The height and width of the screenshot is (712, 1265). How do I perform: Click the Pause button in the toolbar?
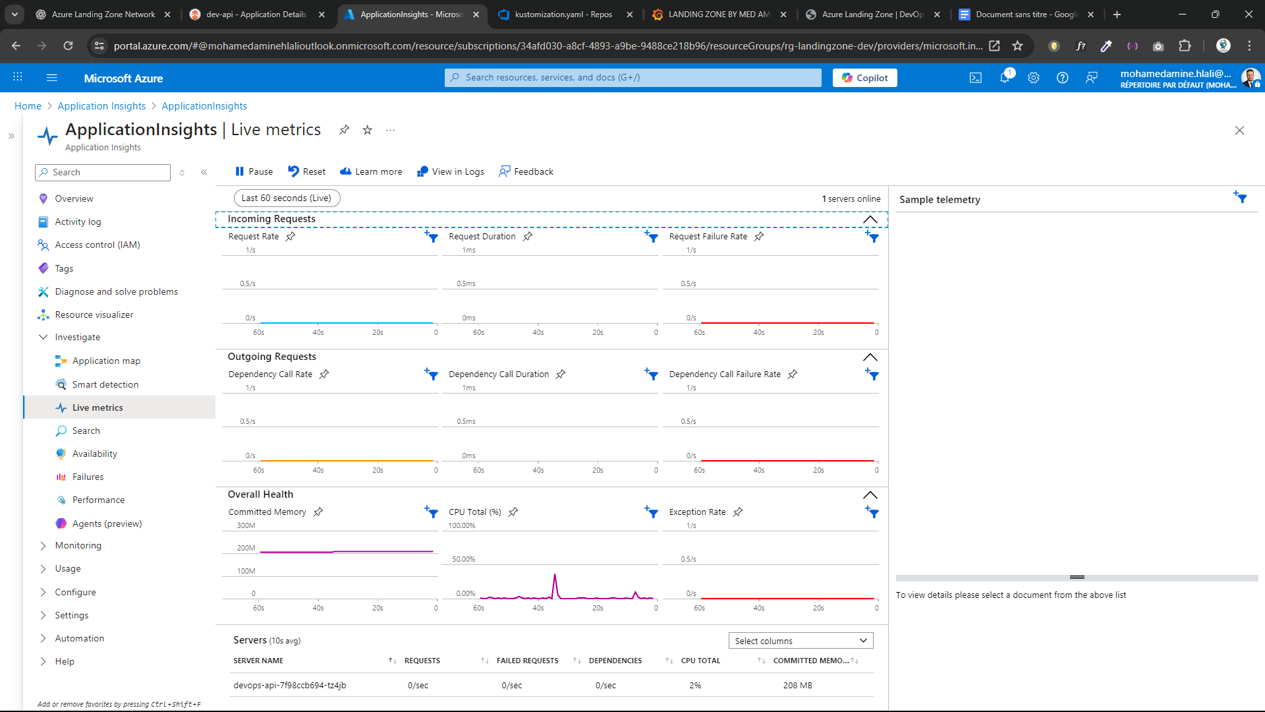pyautogui.click(x=254, y=171)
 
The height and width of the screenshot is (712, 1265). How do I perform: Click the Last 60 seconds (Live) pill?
pyautogui.click(x=287, y=198)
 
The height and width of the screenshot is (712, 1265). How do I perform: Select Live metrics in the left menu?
pyautogui.click(x=98, y=407)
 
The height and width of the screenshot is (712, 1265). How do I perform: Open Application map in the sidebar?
pyautogui.click(x=106, y=361)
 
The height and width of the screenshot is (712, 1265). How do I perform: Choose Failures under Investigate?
pyautogui.click(x=88, y=477)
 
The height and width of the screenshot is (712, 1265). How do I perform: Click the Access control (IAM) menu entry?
pyautogui.click(x=98, y=245)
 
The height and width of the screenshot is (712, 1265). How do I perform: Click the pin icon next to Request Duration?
pyautogui.click(x=528, y=236)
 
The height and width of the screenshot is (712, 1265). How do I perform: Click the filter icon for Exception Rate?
pyautogui.click(x=872, y=512)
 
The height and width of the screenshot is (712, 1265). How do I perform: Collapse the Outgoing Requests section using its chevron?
pyautogui.click(x=870, y=357)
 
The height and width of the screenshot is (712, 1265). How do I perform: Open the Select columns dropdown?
pyautogui.click(x=801, y=641)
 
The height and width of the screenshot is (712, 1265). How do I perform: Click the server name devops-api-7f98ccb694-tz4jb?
pyautogui.click(x=289, y=685)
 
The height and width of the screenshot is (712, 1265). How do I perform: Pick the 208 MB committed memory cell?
pyautogui.click(x=797, y=685)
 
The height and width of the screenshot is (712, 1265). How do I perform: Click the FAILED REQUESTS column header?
pyautogui.click(x=527, y=661)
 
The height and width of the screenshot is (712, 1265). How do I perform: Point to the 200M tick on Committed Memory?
pyautogui.click(x=246, y=548)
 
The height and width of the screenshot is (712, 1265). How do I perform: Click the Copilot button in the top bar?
pyautogui.click(x=864, y=78)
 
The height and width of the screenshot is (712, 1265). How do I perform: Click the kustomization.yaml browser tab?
pyautogui.click(x=563, y=14)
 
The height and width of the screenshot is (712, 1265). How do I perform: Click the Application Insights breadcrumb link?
pyautogui.click(x=101, y=106)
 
